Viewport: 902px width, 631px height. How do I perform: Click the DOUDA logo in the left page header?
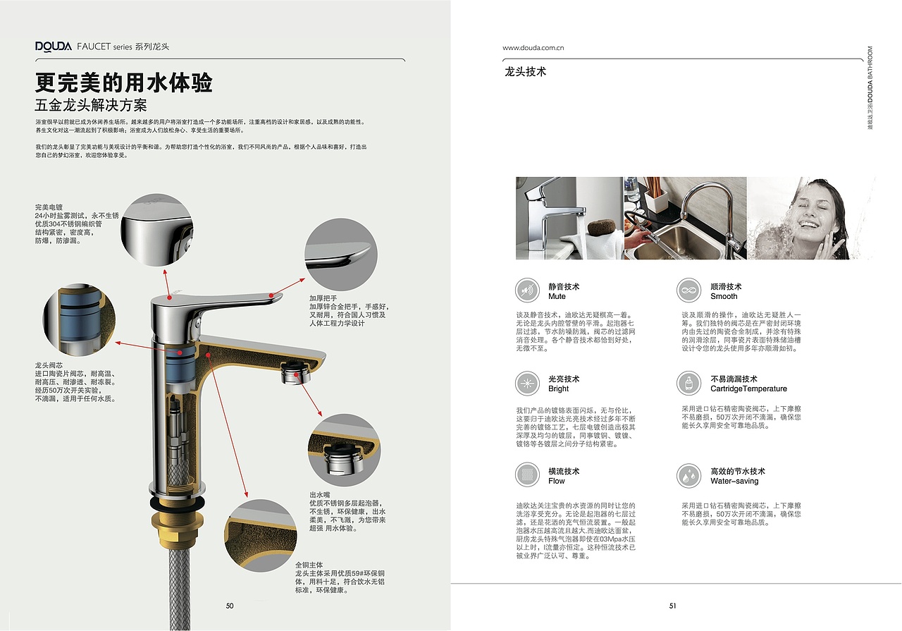pos(54,47)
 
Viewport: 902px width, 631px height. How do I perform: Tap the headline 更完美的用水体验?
pos(124,83)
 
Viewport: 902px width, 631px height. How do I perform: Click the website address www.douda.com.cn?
pos(533,48)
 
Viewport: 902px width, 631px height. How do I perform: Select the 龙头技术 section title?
pos(525,72)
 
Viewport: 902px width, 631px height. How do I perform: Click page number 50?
pos(230,606)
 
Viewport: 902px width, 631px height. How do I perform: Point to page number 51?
pos(673,606)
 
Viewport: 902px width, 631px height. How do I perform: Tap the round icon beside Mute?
pos(527,290)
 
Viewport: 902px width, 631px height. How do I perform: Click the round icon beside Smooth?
pos(688,290)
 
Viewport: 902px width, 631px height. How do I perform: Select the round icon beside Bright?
pos(527,383)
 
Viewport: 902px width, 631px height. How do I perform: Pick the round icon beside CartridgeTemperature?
pos(688,383)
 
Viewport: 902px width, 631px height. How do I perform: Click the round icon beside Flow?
pos(527,475)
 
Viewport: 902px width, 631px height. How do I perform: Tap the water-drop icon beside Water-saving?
pos(688,475)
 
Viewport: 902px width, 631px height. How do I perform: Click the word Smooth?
pos(724,297)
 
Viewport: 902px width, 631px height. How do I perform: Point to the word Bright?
pos(558,389)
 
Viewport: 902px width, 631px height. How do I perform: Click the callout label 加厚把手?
pos(323,298)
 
